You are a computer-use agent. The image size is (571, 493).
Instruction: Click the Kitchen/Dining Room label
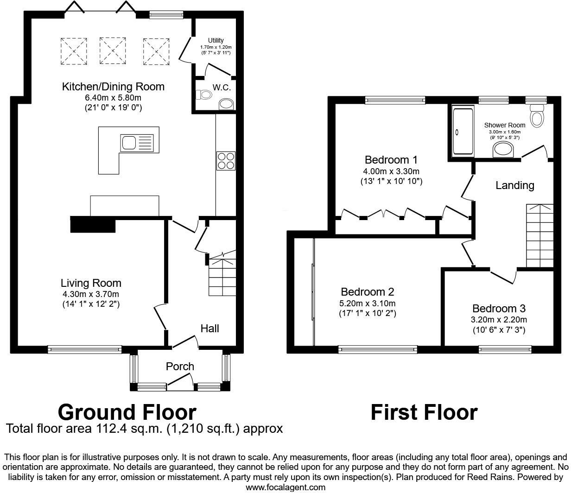pos(113,87)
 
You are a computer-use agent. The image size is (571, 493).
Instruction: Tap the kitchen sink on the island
pos(136,143)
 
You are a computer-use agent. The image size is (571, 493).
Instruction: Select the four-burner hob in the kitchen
pos(226,160)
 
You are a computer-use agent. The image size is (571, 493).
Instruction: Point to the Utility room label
pos(216,41)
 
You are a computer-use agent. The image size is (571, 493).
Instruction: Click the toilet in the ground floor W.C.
pos(204,95)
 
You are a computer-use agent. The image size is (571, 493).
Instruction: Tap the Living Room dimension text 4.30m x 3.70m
pos(91,294)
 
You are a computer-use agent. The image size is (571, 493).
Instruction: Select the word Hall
pos(209,329)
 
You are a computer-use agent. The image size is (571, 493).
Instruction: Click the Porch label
pos(180,367)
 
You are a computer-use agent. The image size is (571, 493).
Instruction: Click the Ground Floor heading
pos(127,412)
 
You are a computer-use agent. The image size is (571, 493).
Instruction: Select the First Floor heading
pos(424,412)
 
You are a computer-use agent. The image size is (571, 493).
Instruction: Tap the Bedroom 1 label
pos(391,160)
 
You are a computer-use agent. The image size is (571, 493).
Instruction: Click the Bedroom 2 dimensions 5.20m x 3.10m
pos(367,303)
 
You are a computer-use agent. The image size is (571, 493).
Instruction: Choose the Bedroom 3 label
pos(499,309)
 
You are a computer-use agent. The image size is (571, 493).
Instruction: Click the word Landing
pos(514,185)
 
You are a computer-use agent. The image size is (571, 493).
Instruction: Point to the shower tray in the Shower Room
pos(462,131)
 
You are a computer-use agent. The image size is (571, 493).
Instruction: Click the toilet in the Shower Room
pos(537,115)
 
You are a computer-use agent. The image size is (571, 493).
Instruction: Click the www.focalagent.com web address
pos(285,487)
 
